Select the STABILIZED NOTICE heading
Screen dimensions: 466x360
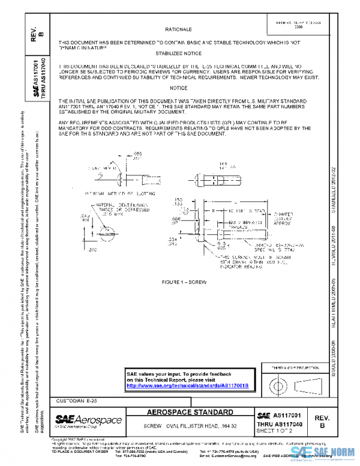[178, 53]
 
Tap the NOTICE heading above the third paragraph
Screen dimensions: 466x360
[178, 88]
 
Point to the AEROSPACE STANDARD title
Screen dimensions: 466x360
[191, 413]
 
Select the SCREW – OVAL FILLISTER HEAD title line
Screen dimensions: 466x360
[190, 425]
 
